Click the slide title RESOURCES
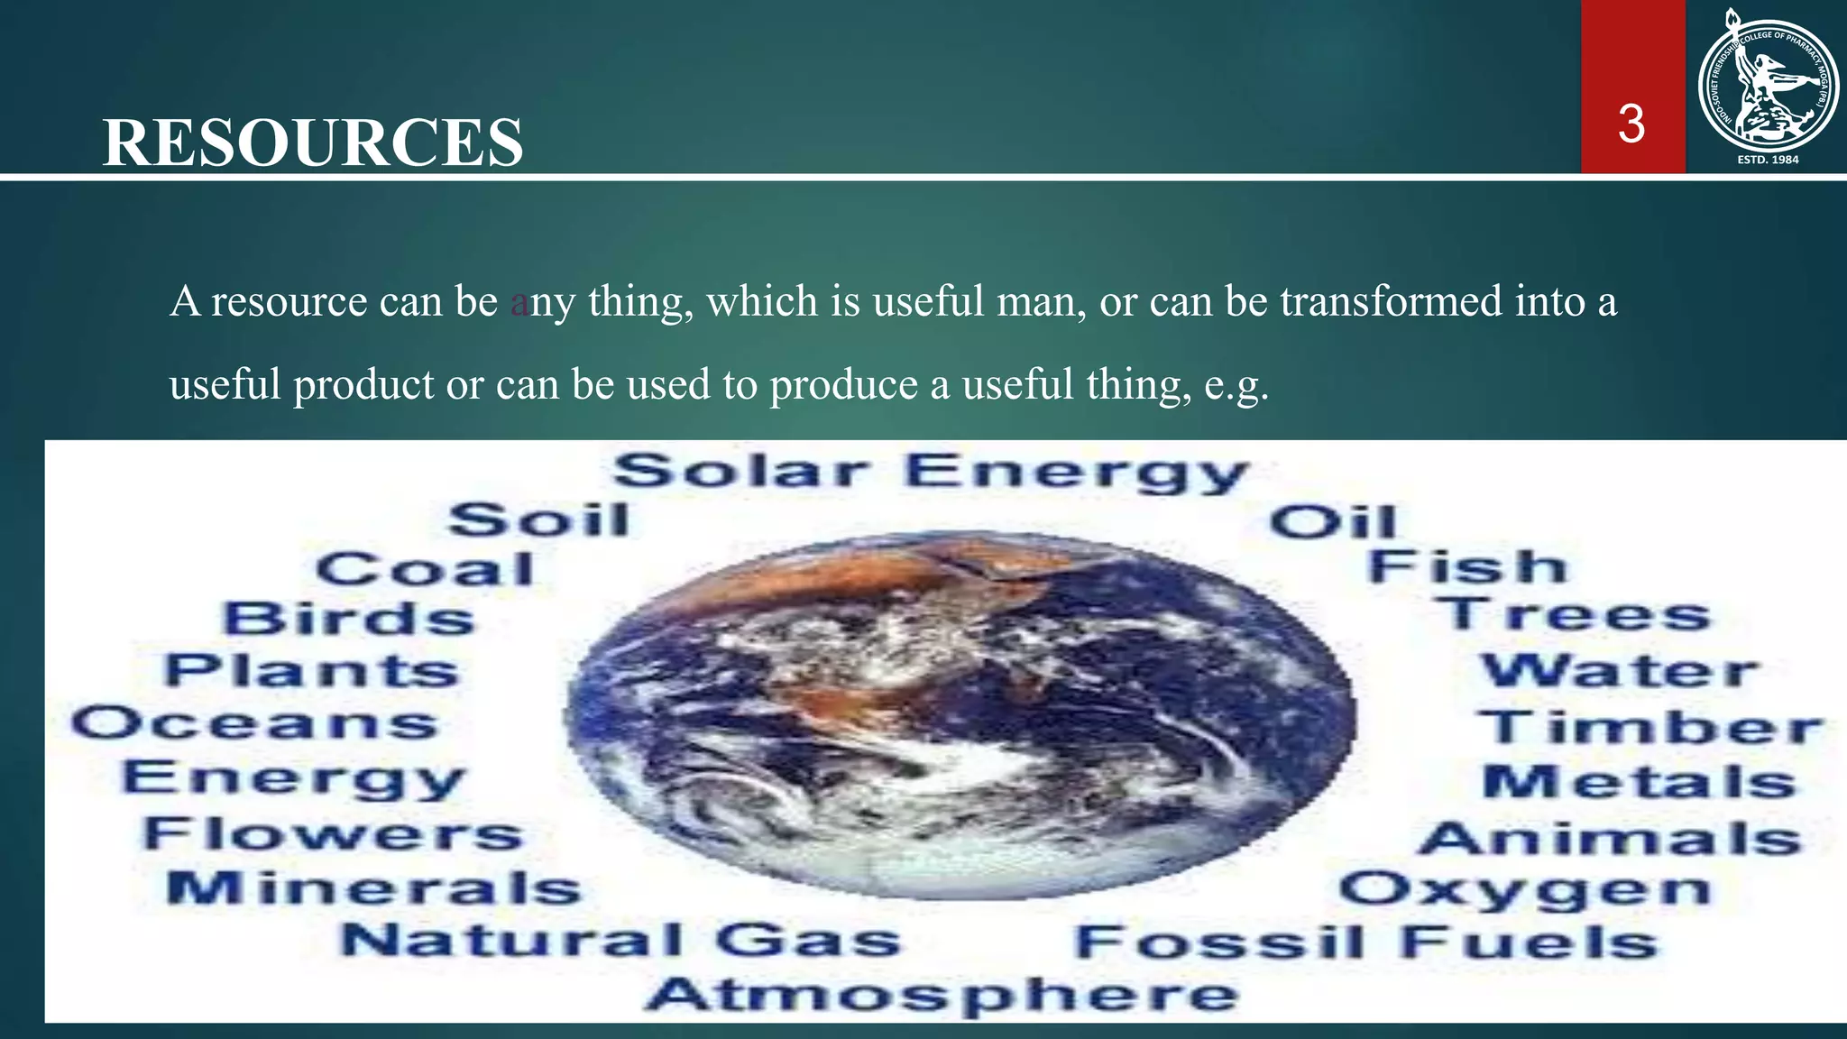click(x=313, y=143)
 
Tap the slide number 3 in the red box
click(x=1631, y=124)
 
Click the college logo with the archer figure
click(x=1767, y=87)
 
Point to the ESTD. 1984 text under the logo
click(x=1768, y=160)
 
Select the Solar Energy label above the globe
click(x=931, y=473)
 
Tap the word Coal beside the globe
click(x=426, y=570)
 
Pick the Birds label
click(x=349, y=620)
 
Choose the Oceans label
click(x=255, y=724)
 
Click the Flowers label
click(x=334, y=833)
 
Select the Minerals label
click(x=373, y=888)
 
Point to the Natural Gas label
click(x=620, y=941)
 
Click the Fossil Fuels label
click(x=1366, y=943)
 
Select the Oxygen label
click(x=1524, y=890)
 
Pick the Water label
click(x=1620, y=671)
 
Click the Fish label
click(x=1467, y=567)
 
